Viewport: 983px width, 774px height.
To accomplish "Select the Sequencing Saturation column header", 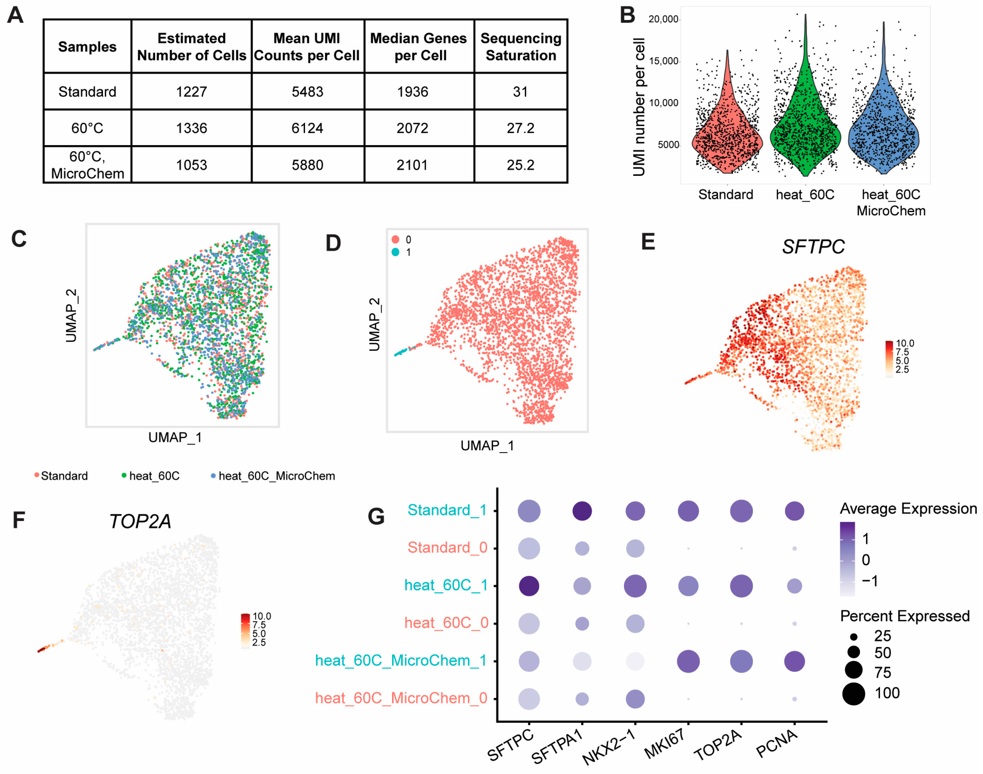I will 521,47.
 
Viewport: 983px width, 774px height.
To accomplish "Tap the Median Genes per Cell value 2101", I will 412,165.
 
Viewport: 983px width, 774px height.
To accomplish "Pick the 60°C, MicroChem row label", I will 87,165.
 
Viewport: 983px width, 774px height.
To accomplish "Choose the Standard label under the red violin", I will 725,195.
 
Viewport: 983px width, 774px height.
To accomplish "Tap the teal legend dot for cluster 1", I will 395,252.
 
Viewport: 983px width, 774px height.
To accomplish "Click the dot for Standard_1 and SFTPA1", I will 582,511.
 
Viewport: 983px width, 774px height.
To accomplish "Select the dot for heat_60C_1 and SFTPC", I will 529,586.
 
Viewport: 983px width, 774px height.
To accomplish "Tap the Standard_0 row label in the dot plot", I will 447,548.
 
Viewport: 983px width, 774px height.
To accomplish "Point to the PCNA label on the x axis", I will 776,744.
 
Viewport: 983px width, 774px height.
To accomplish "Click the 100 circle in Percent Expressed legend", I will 853,694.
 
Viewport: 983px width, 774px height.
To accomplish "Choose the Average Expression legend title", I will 908,509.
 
